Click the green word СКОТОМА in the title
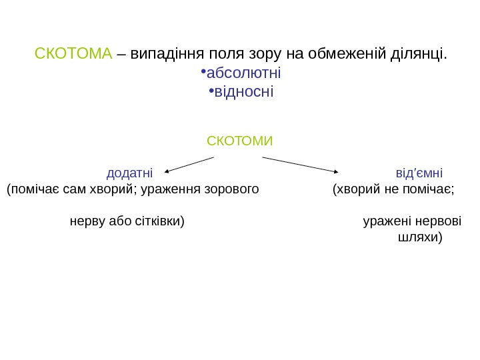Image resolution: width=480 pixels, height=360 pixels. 73,53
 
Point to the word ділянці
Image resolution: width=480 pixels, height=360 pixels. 419,53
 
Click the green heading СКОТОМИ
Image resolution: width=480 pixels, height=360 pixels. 240,141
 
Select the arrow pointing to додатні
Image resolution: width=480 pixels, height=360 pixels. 189,164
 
